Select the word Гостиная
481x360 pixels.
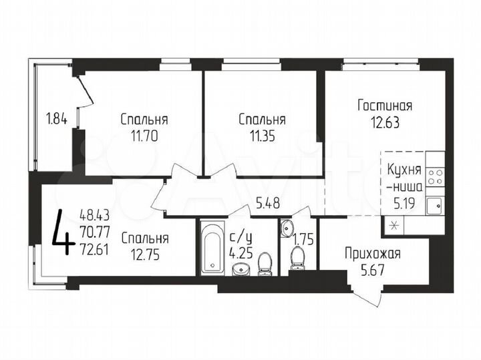click(x=384, y=106)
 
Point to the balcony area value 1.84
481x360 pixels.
click(x=56, y=120)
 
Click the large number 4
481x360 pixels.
click(x=63, y=232)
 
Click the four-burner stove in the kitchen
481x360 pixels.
click(x=436, y=176)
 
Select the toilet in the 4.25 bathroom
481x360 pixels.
click(x=265, y=262)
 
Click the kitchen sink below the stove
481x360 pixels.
click(x=435, y=205)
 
